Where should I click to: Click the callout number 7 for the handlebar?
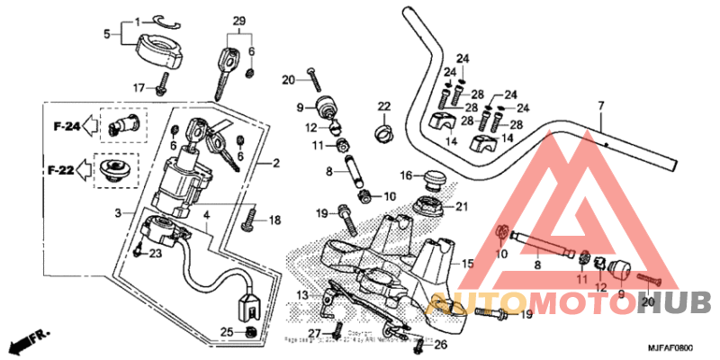[x=600, y=107]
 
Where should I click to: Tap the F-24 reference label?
[x=66, y=127]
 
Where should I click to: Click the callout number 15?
[x=467, y=264]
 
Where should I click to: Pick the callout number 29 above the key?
[x=238, y=21]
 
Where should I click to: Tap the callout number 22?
[x=383, y=108]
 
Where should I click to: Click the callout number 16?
[x=406, y=175]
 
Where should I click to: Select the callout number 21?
[x=461, y=207]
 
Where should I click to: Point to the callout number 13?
[x=302, y=295]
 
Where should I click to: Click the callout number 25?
[x=227, y=333]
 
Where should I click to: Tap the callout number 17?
[x=139, y=87]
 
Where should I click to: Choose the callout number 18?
[x=274, y=220]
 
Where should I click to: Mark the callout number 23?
[x=155, y=254]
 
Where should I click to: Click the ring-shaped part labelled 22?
[x=383, y=136]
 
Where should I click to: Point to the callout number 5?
[x=106, y=35]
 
